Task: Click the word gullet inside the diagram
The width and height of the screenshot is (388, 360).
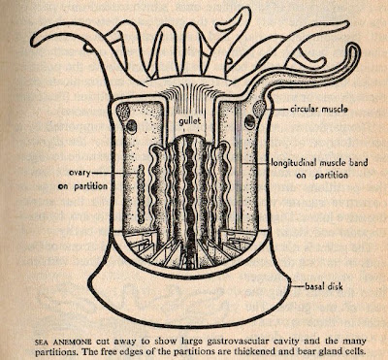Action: click(191, 121)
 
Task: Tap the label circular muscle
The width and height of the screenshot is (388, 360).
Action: click(318, 110)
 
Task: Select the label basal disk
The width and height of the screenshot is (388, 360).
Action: click(324, 286)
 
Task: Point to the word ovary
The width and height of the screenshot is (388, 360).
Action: click(80, 173)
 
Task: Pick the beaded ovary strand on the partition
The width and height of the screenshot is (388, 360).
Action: click(141, 193)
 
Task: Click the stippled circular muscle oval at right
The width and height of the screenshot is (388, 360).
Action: click(259, 107)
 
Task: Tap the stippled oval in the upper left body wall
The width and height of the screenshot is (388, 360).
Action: click(123, 113)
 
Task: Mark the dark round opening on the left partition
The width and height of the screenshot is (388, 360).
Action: click(131, 127)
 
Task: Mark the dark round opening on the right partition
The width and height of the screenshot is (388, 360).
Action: click(249, 122)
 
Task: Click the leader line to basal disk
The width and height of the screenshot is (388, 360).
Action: click(296, 286)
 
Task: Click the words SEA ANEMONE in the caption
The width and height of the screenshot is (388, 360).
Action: click(63, 342)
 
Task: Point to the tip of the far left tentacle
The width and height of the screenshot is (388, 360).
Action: click(34, 42)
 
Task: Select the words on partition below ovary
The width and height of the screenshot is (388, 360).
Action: click(82, 186)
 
